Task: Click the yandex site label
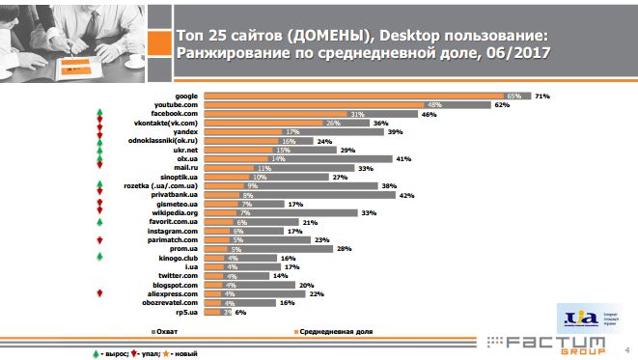pos(184,131)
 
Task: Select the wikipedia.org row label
pos(174,212)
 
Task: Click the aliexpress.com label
pos(172,293)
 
